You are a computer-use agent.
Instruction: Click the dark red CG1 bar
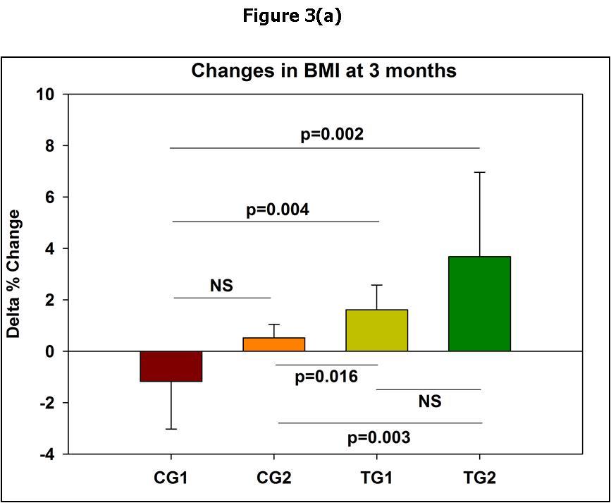pyautogui.click(x=171, y=366)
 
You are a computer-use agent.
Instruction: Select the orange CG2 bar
pyautogui.click(x=274, y=344)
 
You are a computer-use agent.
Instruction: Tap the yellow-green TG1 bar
pyautogui.click(x=377, y=330)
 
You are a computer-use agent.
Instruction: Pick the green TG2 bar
pyautogui.click(x=479, y=304)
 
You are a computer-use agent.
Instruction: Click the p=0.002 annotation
pyautogui.click(x=332, y=134)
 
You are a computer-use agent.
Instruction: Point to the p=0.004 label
pyautogui.click(x=277, y=210)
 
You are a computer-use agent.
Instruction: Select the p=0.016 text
pyautogui.click(x=326, y=377)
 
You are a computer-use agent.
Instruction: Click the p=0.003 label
pyautogui.click(x=378, y=437)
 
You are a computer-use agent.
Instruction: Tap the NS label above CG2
pyautogui.click(x=221, y=286)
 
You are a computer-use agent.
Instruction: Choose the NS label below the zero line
pyautogui.click(x=429, y=401)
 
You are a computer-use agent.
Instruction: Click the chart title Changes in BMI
pyautogui.click(x=324, y=71)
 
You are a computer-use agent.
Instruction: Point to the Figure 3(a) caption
pyautogui.click(x=292, y=16)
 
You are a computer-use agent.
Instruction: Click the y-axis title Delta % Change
pyautogui.click(x=14, y=274)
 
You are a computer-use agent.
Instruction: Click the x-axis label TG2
pyautogui.click(x=479, y=478)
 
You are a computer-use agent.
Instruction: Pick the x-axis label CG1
pyautogui.click(x=171, y=478)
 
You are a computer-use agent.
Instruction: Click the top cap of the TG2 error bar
pyautogui.click(x=480, y=172)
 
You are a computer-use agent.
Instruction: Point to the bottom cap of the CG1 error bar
pyautogui.click(x=171, y=429)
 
